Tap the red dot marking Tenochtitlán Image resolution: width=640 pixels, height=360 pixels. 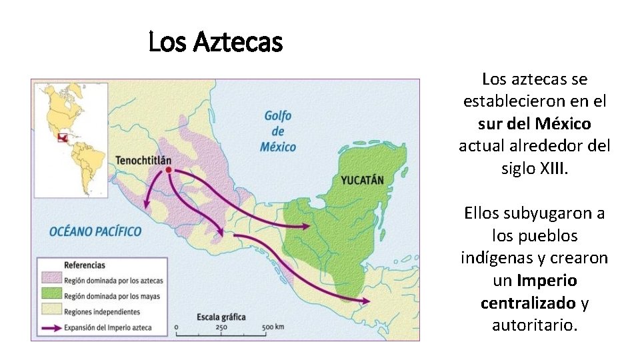click(169, 171)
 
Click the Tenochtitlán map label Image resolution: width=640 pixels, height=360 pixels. click(143, 161)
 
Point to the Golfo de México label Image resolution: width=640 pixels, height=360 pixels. click(278, 131)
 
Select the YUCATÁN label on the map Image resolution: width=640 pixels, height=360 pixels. click(363, 180)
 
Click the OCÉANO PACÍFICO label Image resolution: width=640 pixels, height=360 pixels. click(95, 231)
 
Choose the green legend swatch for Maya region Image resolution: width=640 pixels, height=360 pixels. click(51, 295)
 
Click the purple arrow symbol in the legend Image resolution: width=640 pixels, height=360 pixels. click(51, 327)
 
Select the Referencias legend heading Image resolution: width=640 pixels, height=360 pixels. click(85, 265)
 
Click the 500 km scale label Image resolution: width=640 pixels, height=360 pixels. click(273, 327)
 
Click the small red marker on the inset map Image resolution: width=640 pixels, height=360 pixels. click(63, 138)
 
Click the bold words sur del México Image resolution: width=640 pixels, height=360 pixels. click(535, 124)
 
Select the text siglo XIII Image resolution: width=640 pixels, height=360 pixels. click(535, 168)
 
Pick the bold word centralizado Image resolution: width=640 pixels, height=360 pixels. click(528, 303)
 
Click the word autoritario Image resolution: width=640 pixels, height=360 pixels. click(535, 325)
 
